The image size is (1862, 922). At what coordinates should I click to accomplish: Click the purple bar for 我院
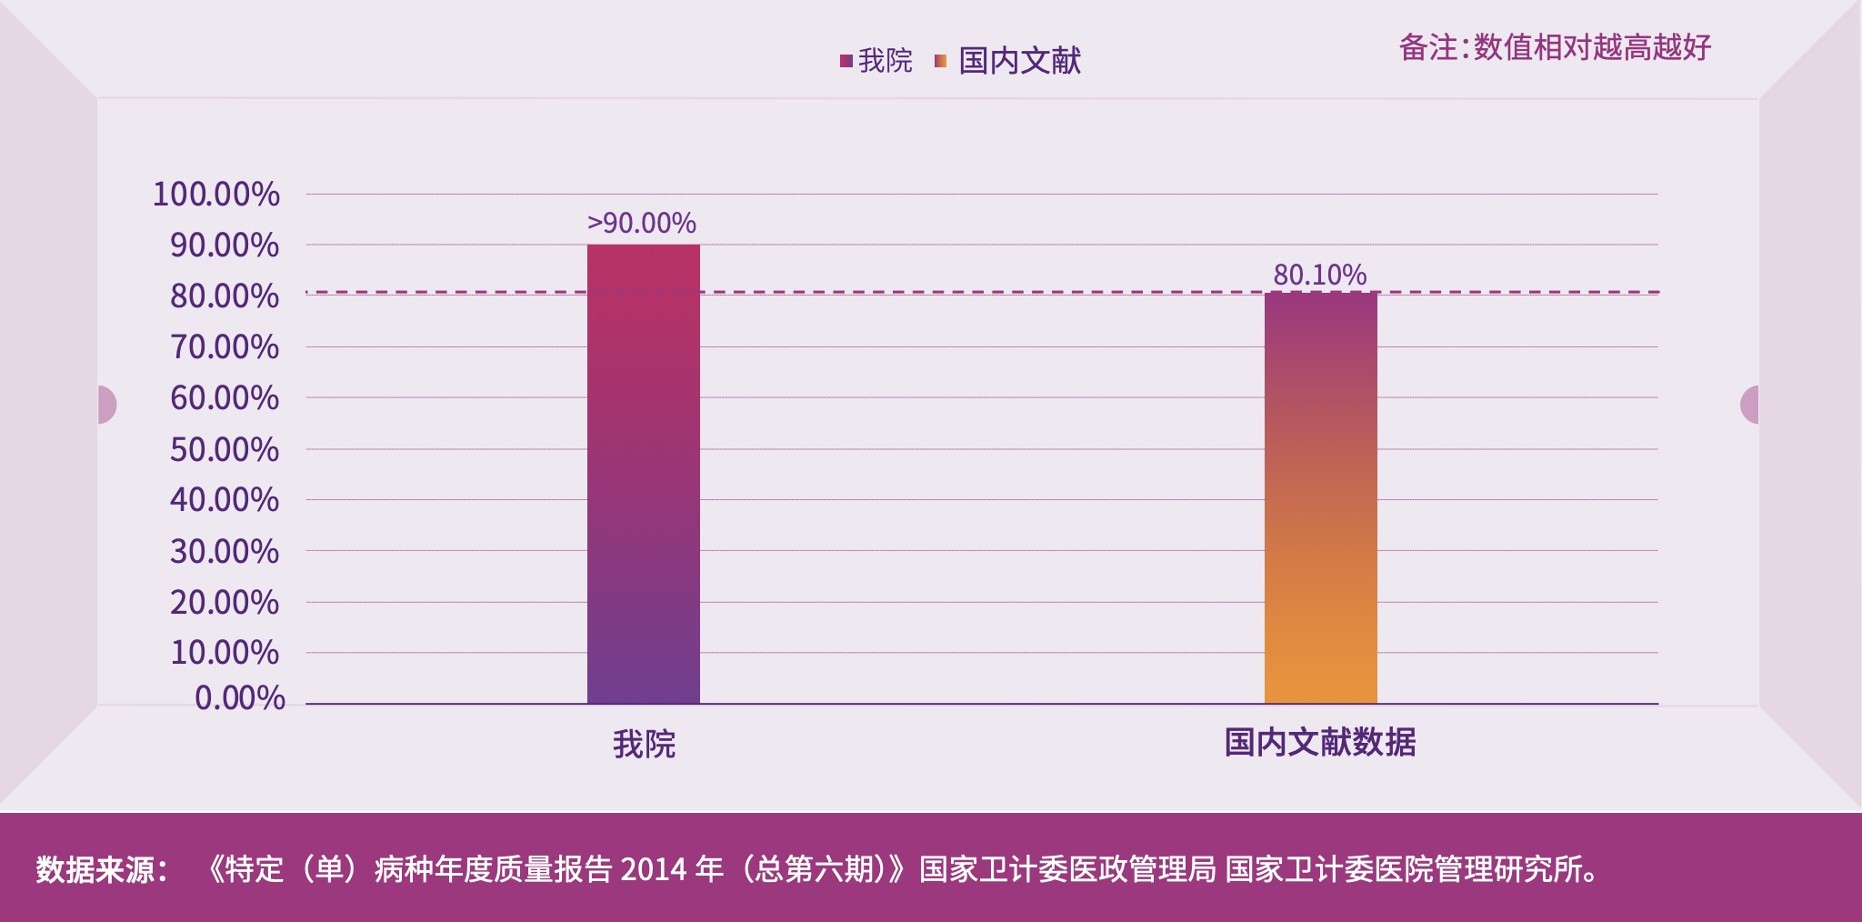point(643,473)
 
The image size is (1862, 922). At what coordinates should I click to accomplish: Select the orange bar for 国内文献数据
point(1320,498)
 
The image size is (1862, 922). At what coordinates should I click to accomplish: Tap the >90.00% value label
point(642,223)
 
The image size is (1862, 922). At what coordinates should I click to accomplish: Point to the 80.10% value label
point(1319,275)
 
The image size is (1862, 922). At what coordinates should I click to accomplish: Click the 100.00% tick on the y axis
point(216,195)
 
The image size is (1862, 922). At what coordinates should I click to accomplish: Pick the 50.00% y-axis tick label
point(225,449)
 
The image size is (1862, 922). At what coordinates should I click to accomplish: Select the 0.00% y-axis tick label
point(240,697)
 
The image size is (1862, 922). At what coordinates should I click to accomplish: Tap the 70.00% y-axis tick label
point(225,347)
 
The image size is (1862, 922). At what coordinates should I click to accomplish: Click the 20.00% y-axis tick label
point(225,602)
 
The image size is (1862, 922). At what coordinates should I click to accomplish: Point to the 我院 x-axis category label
point(644,744)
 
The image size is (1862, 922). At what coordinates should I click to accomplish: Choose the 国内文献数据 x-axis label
point(1319,743)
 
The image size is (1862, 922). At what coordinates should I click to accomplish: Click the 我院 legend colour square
point(846,61)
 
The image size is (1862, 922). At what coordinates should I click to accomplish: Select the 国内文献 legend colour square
point(940,61)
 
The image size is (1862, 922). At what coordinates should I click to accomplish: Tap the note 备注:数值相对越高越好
point(1555,47)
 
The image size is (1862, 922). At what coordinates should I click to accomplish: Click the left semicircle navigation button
point(105,405)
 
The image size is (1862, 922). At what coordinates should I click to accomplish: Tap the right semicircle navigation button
point(1750,405)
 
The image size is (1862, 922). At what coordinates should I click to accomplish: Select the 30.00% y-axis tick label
point(225,551)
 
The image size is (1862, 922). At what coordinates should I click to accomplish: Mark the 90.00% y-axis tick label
point(225,246)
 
